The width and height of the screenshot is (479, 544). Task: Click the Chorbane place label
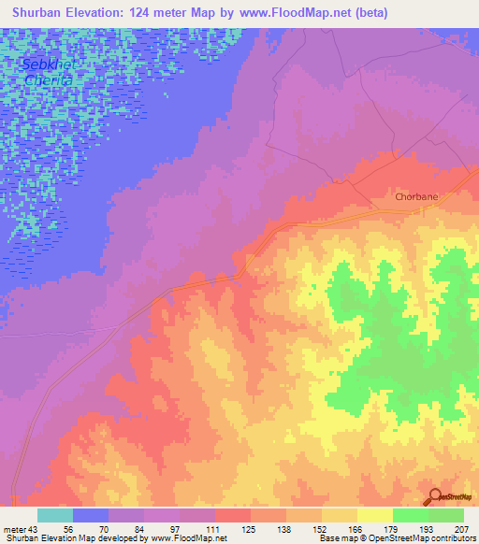[x=415, y=197]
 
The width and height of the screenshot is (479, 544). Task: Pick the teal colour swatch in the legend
[x=55, y=515]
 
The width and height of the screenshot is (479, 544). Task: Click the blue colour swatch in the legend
[x=91, y=515]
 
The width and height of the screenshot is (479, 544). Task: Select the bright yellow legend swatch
[x=375, y=515]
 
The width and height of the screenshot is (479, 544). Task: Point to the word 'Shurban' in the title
[x=34, y=12]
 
